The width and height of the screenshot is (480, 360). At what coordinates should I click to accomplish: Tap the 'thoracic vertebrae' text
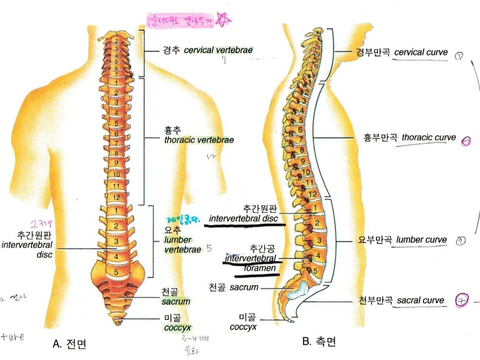point(199,140)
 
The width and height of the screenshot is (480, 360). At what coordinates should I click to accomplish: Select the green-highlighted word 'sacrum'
point(176,301)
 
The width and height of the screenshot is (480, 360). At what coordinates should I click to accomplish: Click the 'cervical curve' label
point(421,52)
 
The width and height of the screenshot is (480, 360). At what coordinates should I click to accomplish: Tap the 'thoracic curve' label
point(428,137)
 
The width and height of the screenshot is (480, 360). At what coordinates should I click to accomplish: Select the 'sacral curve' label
point(420,300)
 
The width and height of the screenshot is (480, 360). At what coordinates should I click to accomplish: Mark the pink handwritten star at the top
point(224,20)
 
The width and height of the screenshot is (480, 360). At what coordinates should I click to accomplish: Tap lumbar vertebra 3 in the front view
point(116,241)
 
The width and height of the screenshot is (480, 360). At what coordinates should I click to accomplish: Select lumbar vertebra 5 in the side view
point(315,270)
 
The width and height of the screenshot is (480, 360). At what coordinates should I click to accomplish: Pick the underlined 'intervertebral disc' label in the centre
point(243,219)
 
